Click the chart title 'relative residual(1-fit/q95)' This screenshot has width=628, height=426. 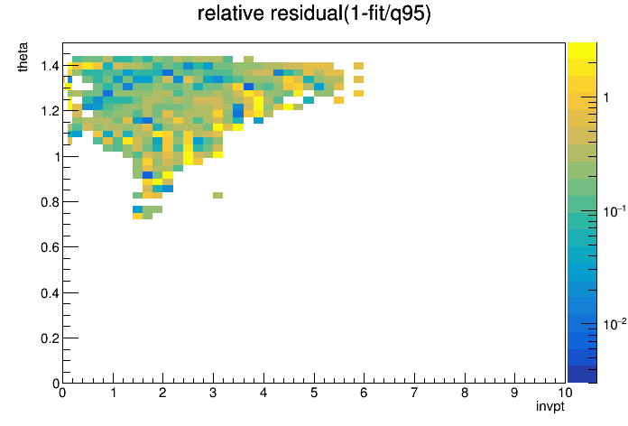tap(314, 14)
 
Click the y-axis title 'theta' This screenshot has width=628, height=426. tap(23, 57)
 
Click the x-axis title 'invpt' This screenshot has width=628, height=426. tap(550, 406)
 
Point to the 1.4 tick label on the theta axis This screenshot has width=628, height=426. tap(50, 66)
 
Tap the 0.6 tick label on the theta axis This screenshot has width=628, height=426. tap(50, 247)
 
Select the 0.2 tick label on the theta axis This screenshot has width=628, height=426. tap(50, 338)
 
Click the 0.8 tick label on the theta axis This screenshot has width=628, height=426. tap(50, 202)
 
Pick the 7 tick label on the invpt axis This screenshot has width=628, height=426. tap(414, 393)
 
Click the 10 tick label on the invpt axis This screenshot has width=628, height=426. tap(564, 393)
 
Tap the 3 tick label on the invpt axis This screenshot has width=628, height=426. tap(213, 393)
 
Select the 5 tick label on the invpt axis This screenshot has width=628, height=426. tap(314, 393)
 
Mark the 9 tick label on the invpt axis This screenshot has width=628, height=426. tap(514, 393)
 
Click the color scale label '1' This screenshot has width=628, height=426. tap(606, 97)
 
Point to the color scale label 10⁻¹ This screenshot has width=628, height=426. tap(614, 210)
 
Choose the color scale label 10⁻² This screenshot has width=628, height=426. tap(614, 323)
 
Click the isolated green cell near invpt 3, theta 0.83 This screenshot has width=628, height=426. tap(217, 195)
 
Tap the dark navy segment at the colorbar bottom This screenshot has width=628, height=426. tap(582, 375)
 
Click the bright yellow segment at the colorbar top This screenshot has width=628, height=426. tap(582, 51)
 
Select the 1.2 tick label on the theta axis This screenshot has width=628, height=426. tap(50, 111)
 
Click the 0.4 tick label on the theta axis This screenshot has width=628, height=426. tap(50, 293)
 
